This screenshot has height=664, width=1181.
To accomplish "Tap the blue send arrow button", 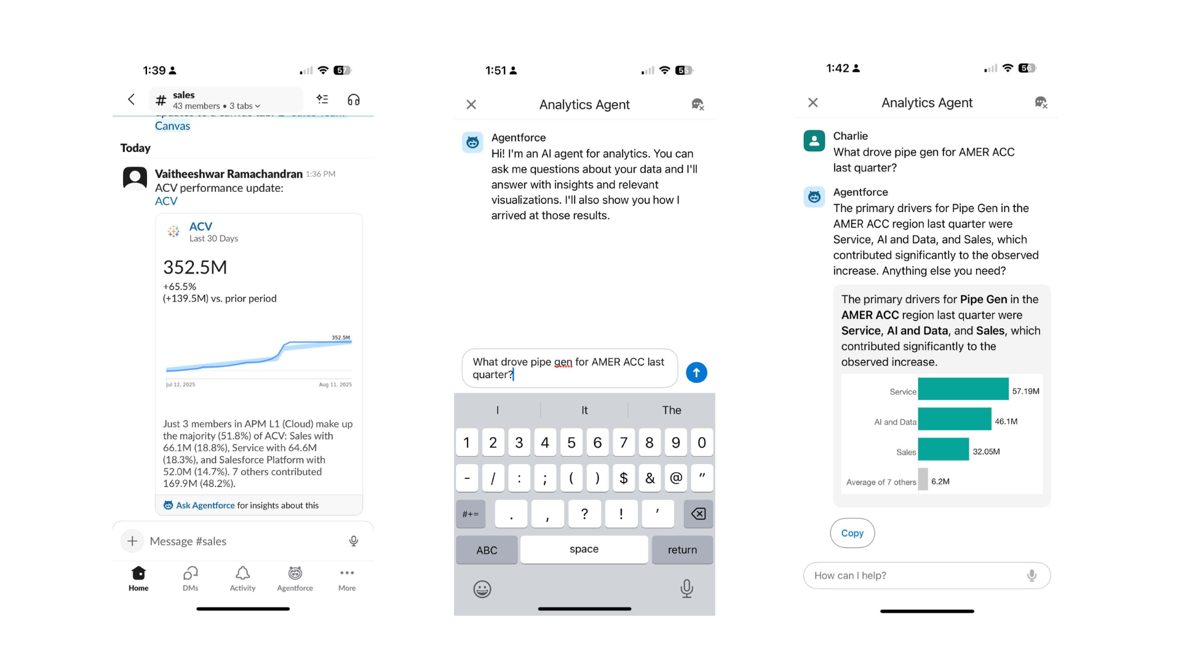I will click(x=696, y=373).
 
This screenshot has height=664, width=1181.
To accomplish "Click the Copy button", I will click(x=852, y=533).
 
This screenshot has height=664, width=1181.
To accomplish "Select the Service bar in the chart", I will click(x=963, y=389).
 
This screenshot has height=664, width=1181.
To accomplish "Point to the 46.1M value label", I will click(x=1006, y=422).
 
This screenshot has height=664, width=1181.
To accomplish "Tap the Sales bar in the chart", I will click(x=943, y=449).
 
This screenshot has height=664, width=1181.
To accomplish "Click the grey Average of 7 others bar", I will click(x=923, y=480).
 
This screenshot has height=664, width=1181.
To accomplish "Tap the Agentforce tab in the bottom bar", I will click(x=295, y=579).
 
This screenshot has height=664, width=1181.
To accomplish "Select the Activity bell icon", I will click(x=243, y=574).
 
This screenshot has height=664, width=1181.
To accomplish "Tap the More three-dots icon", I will click(x=347, y=573).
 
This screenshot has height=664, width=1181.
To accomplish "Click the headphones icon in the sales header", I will click(x=354, y=100).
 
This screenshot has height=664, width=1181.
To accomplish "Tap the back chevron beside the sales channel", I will click(x=131, y=100).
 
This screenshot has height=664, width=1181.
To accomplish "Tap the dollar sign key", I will click(x=624, y=478).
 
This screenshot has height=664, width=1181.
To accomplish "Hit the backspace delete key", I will click(x=698, y=514).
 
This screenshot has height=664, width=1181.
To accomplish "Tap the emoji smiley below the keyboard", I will click(x=482, y=590).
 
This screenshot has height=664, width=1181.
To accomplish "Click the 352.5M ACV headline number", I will click(x=195, y=267).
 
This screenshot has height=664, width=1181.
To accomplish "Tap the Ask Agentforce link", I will click(x=205, y=505).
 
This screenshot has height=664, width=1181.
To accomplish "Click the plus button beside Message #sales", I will click(x=132, y=541).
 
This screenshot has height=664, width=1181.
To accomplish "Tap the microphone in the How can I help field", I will click(x=1032, y=575).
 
